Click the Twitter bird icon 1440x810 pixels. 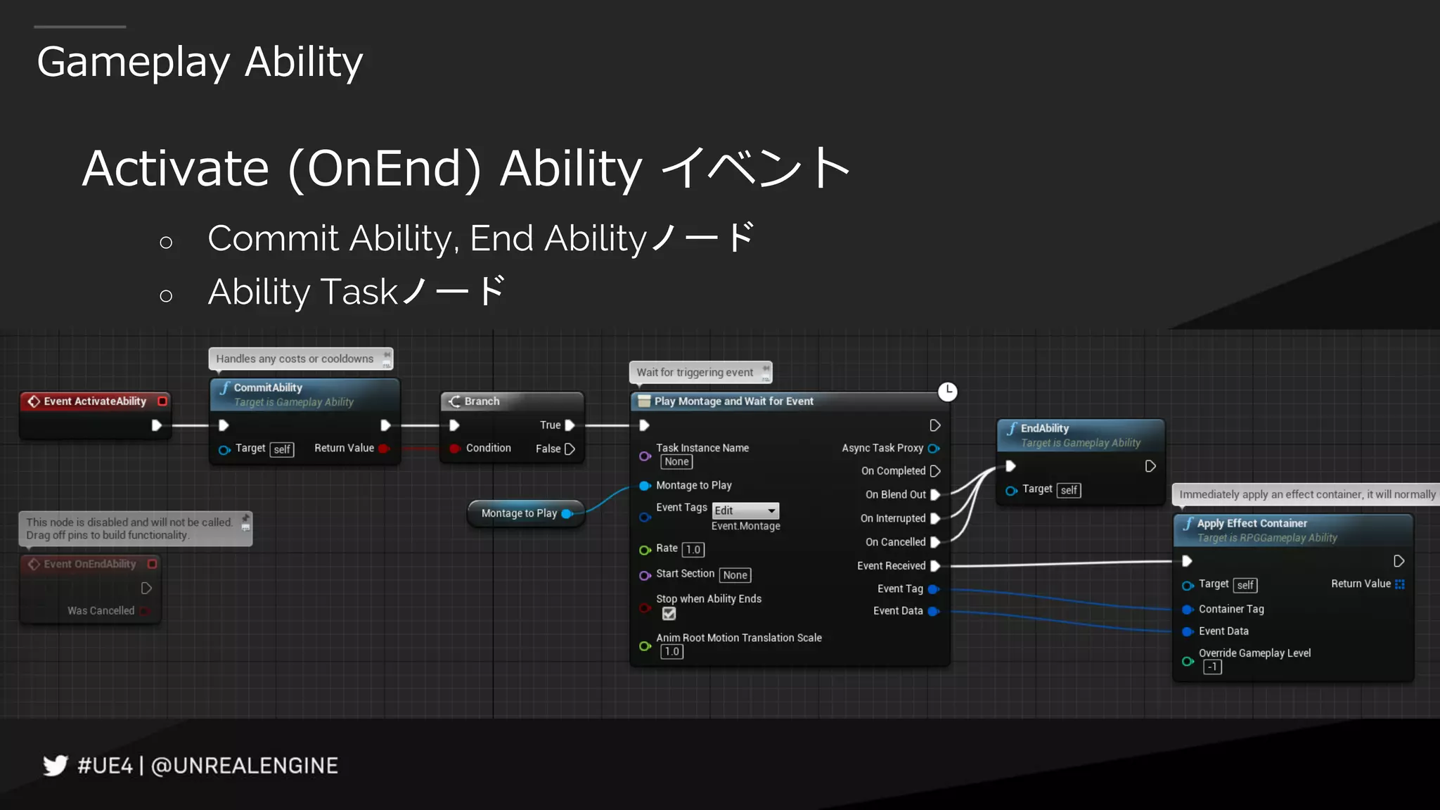click(x=55, y=765)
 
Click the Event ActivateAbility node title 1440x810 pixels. click(x=95, y=401)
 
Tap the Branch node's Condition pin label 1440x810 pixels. click(x=488, y=448)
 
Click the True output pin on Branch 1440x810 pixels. click(x=570, y=425)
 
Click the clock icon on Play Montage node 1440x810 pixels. click(x=947, y=391)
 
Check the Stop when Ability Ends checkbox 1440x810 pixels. click(x=669, y=614)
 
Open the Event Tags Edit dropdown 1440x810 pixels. click(x=745, y=510)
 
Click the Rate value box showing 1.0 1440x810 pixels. click(x=693, y=549)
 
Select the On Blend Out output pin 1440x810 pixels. click(x=935, y=494)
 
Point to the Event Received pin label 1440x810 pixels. click(x=891, y=565)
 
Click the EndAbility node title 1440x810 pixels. click(x=1044, y=428)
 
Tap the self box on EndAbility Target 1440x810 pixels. click(x=1069, y=490)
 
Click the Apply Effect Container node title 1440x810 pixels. click(x=1252, y=523)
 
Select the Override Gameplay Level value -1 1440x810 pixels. click(x=1212, y=667)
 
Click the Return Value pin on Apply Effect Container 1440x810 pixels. click(x=1399, y=584)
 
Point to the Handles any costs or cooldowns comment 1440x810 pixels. click(x=295, y=359)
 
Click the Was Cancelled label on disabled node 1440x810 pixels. click(x=101, y=610)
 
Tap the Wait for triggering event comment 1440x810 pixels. click(x=695, y=372)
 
